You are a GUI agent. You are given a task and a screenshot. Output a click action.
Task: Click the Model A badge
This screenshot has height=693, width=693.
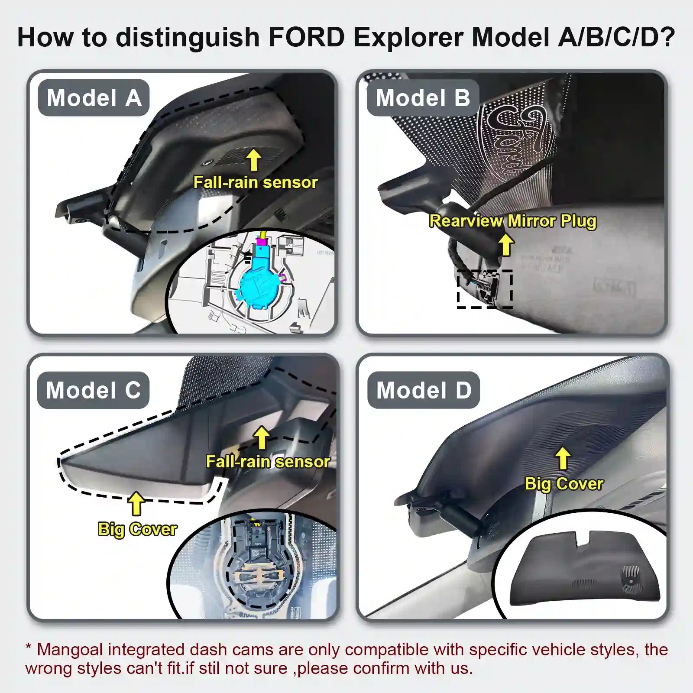click(94, 98)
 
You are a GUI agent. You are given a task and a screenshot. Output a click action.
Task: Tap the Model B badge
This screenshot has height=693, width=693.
click(423, 98)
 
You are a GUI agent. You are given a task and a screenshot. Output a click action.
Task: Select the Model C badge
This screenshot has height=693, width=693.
click(93, 390)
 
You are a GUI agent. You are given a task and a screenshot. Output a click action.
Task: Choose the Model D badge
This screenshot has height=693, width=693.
click(424, 390)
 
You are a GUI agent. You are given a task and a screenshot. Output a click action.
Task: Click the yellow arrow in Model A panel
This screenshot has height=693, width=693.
click(254, 160)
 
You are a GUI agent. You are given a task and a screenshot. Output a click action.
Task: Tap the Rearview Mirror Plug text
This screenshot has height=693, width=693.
click(512, 221)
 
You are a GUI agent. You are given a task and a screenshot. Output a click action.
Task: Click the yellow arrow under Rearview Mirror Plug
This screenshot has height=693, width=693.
click(505, 245)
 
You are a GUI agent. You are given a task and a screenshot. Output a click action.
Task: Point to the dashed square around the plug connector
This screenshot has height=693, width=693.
click(485, 289)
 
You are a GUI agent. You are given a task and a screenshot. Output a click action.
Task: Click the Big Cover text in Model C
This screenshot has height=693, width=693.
click(137, 529)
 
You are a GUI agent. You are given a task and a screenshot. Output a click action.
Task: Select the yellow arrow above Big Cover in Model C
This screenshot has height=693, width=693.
click(136, 504)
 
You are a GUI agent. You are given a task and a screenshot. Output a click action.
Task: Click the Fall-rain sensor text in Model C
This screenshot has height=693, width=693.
click(268, 462)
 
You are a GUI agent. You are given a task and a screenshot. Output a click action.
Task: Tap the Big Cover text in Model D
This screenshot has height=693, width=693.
click(563, 484)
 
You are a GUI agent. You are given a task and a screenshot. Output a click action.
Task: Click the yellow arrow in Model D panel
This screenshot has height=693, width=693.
click(563, 459)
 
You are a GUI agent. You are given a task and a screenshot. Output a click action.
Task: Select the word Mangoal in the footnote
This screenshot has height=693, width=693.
click(70, 650)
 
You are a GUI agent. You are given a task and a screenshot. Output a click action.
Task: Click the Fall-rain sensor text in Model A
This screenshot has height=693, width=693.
click(255, 182)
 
